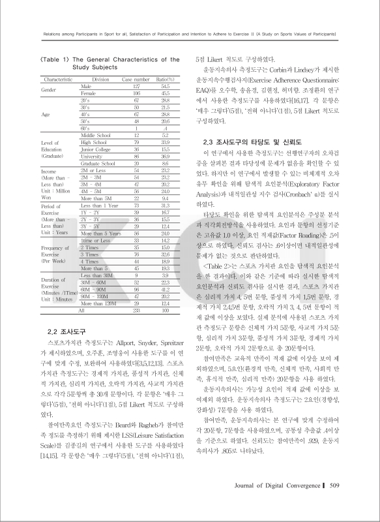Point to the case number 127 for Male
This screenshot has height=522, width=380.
136,86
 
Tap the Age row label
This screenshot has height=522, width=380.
45,114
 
